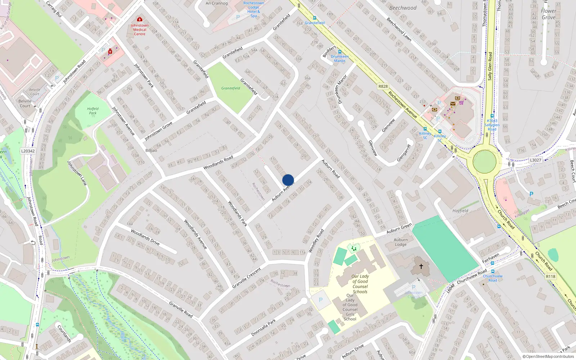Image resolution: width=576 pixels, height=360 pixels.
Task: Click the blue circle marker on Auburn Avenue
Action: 288,180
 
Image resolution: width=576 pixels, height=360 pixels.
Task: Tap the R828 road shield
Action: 383,86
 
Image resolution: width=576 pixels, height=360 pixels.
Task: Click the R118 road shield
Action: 550,276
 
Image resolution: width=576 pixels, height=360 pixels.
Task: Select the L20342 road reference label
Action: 28,151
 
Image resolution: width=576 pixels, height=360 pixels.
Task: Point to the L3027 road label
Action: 535,160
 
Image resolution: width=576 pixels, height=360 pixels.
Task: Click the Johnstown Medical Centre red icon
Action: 140,19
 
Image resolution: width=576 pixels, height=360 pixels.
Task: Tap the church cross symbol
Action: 421,266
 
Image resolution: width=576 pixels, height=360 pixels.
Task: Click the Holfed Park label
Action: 93,111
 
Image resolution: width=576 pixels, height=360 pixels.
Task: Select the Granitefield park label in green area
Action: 231,88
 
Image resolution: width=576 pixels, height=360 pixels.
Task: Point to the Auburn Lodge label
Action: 401,242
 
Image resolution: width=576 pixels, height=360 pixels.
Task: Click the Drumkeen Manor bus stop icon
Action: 339,52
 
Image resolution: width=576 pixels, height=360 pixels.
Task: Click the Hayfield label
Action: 460,211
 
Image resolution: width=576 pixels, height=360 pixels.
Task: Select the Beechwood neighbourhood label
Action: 403,8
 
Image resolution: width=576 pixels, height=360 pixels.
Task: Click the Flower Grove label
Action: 548,14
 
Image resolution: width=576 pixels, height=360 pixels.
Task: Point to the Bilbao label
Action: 151,150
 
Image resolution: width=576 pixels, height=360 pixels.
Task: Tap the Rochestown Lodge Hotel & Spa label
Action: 254,9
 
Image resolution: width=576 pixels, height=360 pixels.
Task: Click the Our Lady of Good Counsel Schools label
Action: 360,284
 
